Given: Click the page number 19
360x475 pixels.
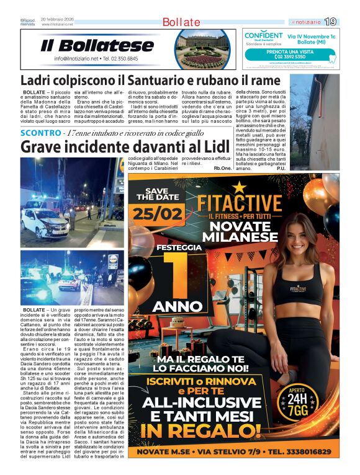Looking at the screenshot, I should [330, 22].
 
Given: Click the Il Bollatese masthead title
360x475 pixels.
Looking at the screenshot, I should [97, 45].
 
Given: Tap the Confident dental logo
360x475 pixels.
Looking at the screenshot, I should [263, 37].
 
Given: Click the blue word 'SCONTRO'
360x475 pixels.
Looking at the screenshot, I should [41, 133].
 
